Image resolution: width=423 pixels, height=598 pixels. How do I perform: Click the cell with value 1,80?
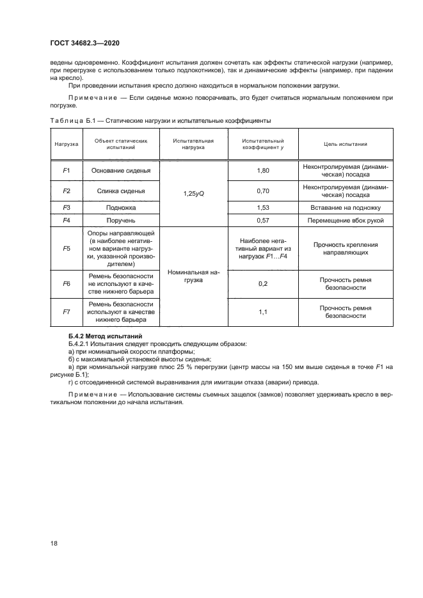[x=262, y=171]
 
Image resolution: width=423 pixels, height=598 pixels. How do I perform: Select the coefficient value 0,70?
[x=262, y=191]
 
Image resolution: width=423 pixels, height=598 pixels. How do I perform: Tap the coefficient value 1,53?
[x=262, y=208]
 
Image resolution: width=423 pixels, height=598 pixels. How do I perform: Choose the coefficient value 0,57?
[x=262, y=220]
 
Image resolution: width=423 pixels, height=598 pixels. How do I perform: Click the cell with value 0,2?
[x=262, y=283]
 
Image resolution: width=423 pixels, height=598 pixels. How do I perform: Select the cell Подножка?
[x=120, y=208]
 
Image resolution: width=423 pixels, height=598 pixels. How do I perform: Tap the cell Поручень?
[x=120, y=220]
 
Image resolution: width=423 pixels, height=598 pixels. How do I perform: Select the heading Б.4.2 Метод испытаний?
[x=105, y=336]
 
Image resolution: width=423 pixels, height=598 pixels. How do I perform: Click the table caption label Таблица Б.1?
[x=72, y=120]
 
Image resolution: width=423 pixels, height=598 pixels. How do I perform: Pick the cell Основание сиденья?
[x=120, y=171]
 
